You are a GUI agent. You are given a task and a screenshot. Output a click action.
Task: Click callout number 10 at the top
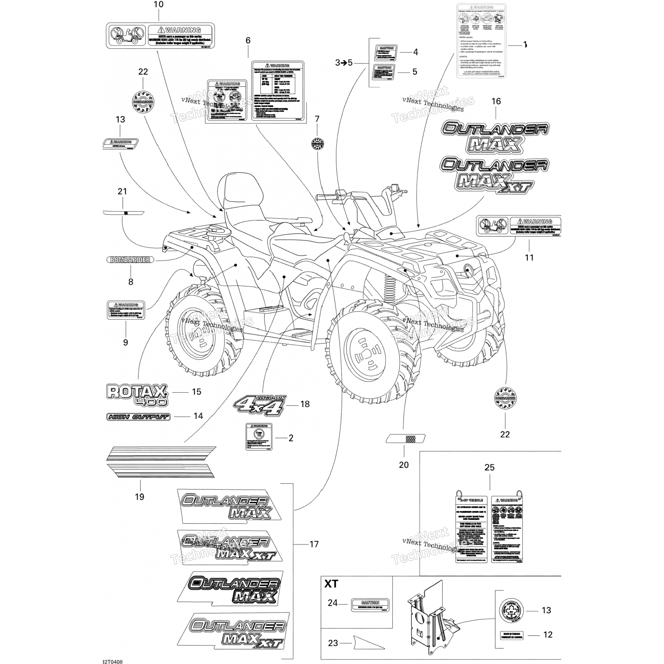[158, 5]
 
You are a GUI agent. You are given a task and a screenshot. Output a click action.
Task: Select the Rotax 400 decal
[136, 394]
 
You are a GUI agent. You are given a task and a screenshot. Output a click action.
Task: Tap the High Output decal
[138, 417]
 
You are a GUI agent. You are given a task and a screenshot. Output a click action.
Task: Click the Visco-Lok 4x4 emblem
[259, 404]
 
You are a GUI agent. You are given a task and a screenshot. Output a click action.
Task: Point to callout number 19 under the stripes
[139, 497]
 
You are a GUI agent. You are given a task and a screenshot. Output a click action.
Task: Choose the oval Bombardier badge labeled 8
[131, 260]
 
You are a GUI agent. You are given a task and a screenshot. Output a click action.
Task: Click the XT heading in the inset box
[331, 584]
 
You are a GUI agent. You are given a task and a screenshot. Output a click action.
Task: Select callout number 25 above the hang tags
[490, 467]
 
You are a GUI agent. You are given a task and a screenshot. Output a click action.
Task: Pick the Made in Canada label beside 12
[512, 635]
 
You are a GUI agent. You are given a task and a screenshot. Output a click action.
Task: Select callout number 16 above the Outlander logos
[496, 101]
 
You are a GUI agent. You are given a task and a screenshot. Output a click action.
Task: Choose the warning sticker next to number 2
[259, 437]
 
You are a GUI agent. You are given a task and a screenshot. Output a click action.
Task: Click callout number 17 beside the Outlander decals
[314, 544]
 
